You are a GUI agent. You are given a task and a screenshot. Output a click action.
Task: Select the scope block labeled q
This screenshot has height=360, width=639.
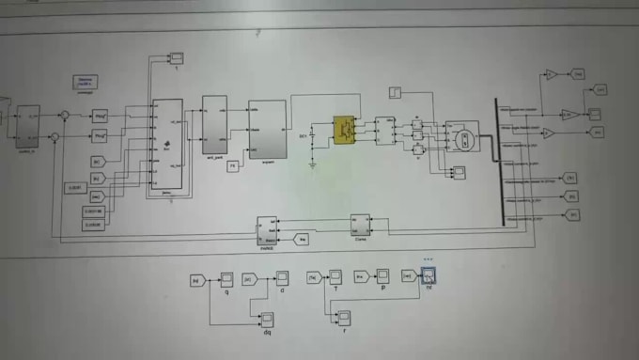226,278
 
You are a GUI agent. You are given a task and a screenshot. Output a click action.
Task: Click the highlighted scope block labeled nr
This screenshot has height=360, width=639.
429,275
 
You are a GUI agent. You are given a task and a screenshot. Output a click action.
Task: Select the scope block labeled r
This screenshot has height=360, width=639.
344,318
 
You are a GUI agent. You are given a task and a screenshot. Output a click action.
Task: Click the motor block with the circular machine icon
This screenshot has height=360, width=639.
461,137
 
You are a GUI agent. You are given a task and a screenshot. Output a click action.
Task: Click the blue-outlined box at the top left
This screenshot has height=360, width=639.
85,83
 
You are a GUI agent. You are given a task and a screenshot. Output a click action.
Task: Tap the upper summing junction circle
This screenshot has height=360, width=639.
64,116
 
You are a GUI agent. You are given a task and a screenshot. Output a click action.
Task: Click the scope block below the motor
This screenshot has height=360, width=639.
459,173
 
